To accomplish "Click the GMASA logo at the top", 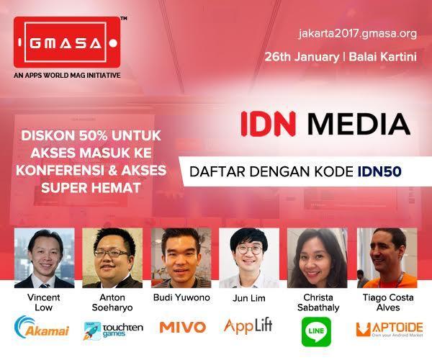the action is (67, 42).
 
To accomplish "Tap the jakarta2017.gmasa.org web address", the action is (357, 34).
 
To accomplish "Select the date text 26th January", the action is (302, 57).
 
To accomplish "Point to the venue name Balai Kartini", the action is (383, 57).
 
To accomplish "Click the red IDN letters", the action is (268, 124).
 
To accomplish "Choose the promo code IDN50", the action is (379, 171).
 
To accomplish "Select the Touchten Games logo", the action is (113, 330).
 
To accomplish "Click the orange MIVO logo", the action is (183, 327).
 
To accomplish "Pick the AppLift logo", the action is (248, 326).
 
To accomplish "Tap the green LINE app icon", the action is (316, 332).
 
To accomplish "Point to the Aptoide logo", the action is (390, 330).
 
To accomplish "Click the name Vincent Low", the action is (44, 302).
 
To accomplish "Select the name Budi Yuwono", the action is (181, 297).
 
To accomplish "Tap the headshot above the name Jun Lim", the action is (249, 258).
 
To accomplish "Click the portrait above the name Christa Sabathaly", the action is (318, 258).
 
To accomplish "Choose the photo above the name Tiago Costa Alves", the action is (387, 258).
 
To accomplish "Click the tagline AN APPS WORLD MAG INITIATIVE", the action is (67, 75).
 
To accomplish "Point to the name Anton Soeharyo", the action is (112, 302).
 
